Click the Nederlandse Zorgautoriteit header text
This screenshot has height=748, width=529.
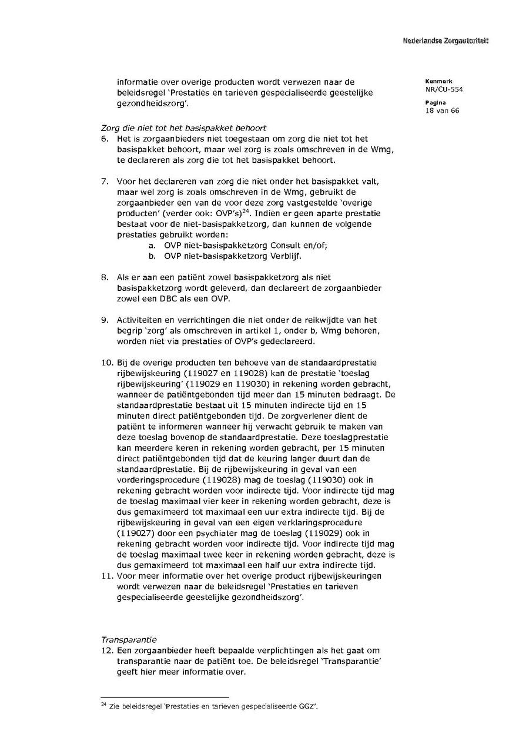pyautogui.click(x=445, y=41)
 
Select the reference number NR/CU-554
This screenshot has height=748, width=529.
pyautogui.click(x=439, y=89)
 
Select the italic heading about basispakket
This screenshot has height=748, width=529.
pyautogui.click(x=183, y=128)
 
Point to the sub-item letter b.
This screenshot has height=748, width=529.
pyautogui.click(x=152, y=256)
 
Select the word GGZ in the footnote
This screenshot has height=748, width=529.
pyautogui.click(x=307, y=706)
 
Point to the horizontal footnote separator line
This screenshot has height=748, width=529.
pyautogui.click(x=165, y=697)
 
